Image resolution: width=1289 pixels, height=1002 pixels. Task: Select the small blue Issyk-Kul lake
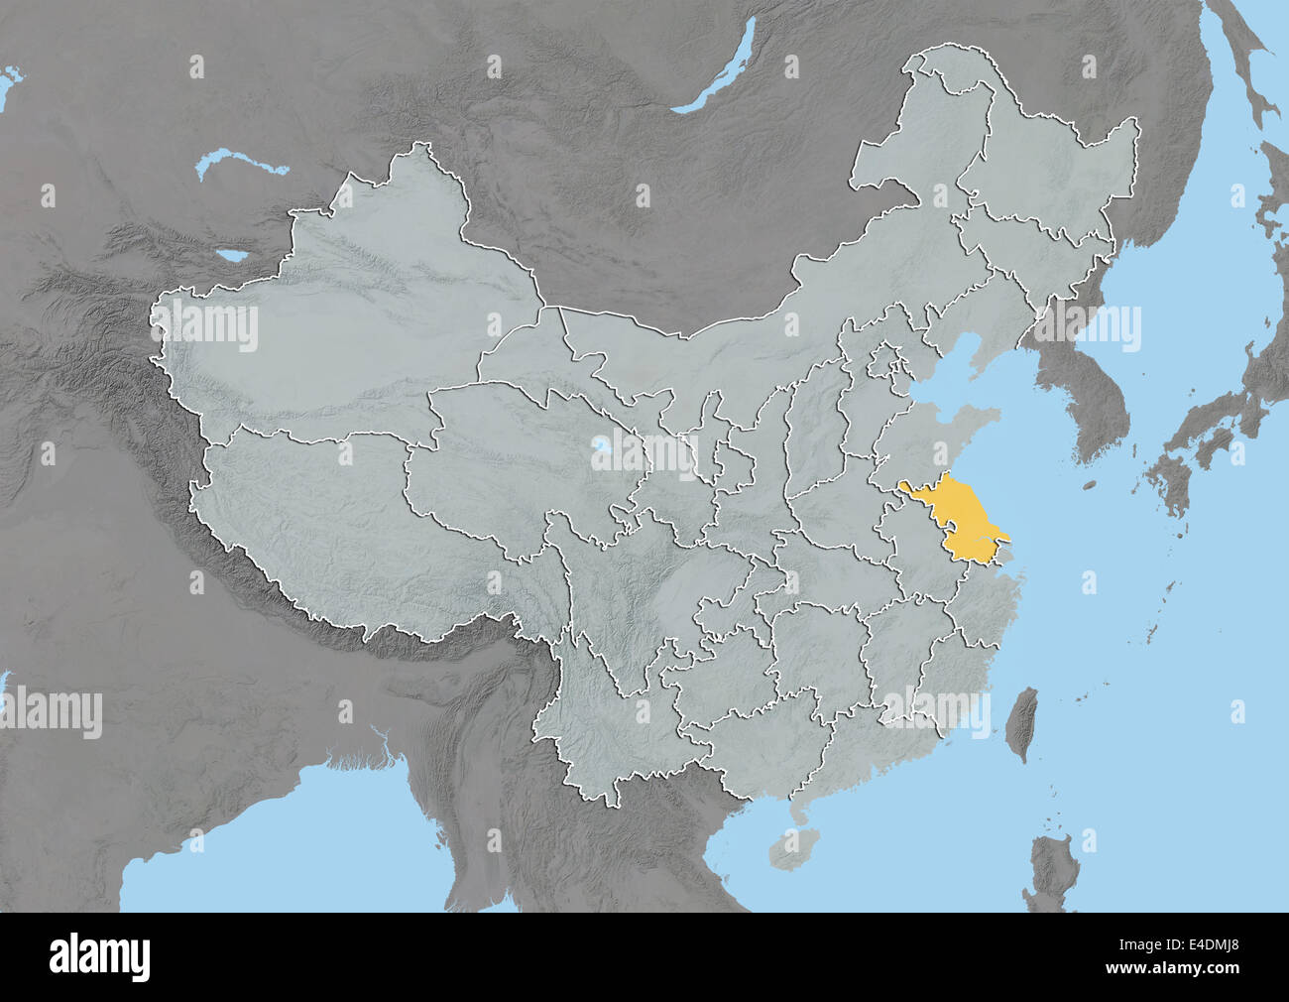coord(235,256)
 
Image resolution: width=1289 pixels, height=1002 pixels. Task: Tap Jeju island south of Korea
coord(1088,485)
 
